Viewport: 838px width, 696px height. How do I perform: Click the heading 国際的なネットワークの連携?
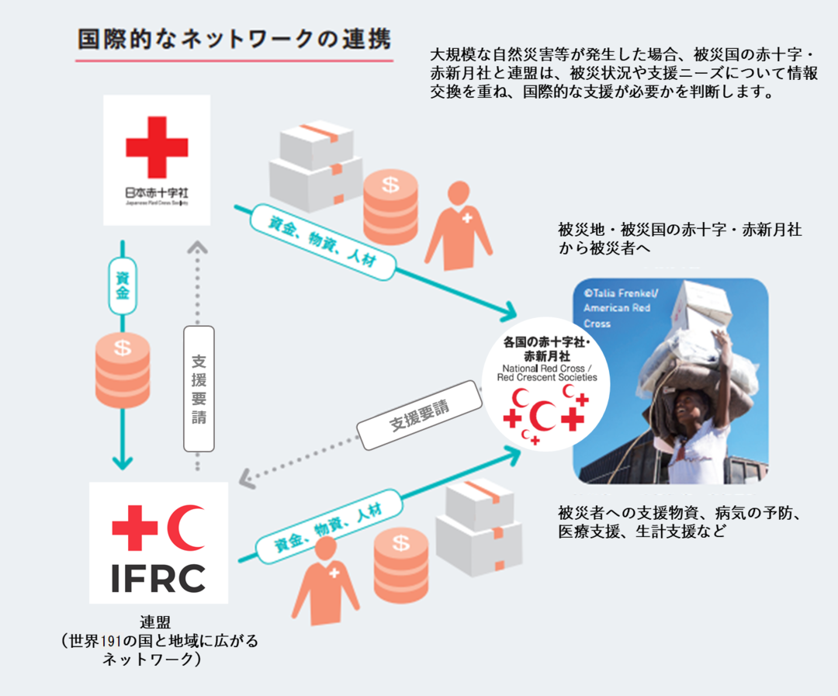click(234, 40)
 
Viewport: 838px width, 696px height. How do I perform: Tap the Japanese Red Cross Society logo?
click(157, 160)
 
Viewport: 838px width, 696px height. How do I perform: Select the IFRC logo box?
click(158, 543)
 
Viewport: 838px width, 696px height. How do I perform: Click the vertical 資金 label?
click(122, 286)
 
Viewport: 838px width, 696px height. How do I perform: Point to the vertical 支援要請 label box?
click(199, 388)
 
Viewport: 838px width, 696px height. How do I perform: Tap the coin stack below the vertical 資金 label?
click(122, 371)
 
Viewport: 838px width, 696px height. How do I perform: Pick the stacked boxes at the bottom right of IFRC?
click(476, 524)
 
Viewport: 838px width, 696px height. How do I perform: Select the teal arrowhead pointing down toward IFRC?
click(122, 462)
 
